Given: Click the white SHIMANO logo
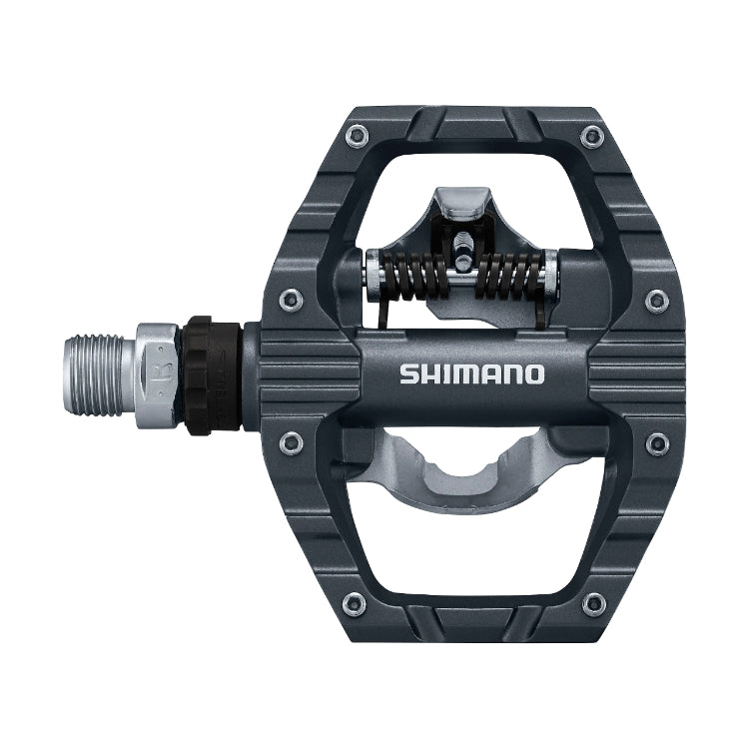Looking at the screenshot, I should tap(472, 374).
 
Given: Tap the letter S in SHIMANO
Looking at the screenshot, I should tap(408, 374).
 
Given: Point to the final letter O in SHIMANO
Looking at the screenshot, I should tap(535, 374).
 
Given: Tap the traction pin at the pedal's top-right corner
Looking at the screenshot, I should tap(595, 135).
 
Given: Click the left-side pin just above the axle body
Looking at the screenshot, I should tap(291, 296).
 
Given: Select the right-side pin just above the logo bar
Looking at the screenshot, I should tap(656, 297).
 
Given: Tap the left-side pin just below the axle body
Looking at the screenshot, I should tap(291, 440).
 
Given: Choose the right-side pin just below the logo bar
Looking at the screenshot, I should tap(656, 440).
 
